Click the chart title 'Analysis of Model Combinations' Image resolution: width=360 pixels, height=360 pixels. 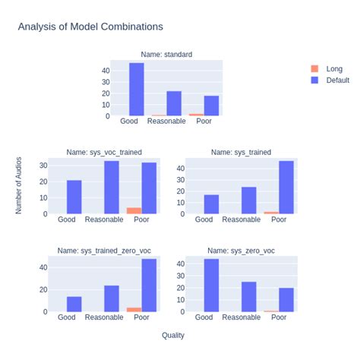(90, 27)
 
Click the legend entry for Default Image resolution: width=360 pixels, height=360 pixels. (337, 80)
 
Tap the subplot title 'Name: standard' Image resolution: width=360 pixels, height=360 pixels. (166, 55)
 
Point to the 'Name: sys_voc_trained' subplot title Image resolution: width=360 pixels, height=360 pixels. (104, 152)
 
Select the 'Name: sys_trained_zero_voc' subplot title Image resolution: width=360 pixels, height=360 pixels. (104, 250)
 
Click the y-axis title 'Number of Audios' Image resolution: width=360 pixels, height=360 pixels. (19, 185)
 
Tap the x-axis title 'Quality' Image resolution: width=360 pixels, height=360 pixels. (172, 335)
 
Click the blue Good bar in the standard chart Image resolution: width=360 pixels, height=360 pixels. (137, 89)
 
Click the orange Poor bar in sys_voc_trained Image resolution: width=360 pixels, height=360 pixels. (134, 210)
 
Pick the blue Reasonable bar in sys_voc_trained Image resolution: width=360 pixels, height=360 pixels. (112, 187)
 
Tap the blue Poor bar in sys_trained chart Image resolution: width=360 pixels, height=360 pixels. (286, 187)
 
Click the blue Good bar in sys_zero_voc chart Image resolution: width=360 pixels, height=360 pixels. (211, 285)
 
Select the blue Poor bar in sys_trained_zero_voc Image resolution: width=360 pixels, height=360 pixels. (149, 285)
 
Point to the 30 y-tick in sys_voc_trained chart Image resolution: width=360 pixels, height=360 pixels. (43, 165)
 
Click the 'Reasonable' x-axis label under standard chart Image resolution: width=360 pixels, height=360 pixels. (166, 122)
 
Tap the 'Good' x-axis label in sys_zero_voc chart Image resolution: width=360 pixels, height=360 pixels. (204, 317)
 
